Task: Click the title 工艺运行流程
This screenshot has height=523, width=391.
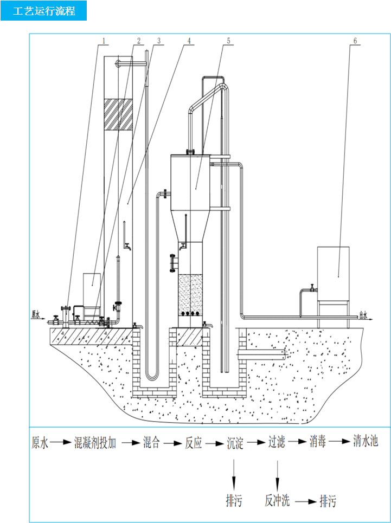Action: click(x=44, y=11)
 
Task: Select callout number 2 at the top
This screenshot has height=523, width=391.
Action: click(x=138, y=41)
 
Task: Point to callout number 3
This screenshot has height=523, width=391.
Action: click(x=158, y=41)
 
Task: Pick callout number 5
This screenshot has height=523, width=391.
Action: click(x=228, y=41)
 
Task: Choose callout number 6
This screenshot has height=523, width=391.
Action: click(x=355, y=41)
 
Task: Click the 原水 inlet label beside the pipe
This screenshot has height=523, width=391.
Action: click(x=36, y=313)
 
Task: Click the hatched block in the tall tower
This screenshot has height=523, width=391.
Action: click(x=118, y=114)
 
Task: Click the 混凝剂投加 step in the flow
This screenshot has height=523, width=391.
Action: click(x=95, y=443)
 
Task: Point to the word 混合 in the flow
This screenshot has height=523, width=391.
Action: click(x=151, y=443)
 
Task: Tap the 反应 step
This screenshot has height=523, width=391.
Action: click(x=194, y=443)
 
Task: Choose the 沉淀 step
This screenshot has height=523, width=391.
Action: click(x=235, y=443)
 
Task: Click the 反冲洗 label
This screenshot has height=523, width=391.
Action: click(x=278, y=500)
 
